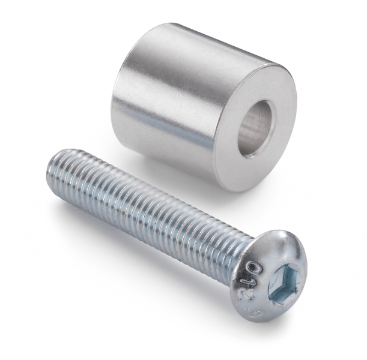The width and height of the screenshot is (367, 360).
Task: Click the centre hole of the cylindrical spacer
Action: click(258, 129)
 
